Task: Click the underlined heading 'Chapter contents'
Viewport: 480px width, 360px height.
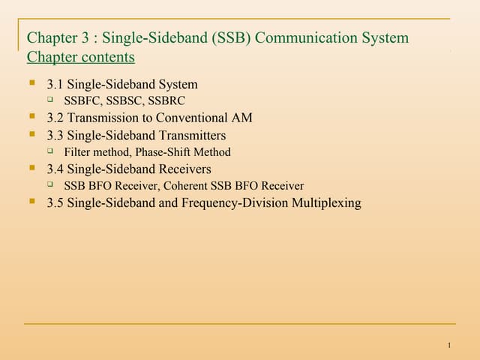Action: tap(80, 57)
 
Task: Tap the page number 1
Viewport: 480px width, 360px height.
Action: tap(448, 345)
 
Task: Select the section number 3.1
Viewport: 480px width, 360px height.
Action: tap(55, 84)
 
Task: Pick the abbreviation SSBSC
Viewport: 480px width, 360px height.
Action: tap(124, 100)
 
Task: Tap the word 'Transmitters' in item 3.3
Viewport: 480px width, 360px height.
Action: tap(190, 135)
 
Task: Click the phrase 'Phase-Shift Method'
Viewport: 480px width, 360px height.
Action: tap(183, 151)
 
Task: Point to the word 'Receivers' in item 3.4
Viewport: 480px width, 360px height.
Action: tap(184, 169)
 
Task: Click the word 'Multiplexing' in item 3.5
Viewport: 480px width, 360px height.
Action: tap(325, 202)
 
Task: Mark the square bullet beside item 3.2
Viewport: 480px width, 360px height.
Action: tap(32, 118)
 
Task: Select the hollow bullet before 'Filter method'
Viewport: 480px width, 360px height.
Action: tap(51, 151)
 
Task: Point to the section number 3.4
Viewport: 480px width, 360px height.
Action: tap(55, 169)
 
